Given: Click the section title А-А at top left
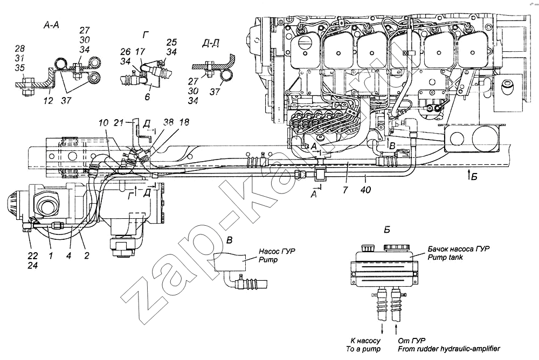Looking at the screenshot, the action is point(51,25).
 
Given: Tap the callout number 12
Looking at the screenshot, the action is point(48,100).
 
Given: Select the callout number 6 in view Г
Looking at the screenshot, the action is point(147,96).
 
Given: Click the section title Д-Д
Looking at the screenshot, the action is point(211,43).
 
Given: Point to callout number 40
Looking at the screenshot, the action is point(366,189).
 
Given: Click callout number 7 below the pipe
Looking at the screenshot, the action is point(345,189).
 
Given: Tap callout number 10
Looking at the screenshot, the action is point(103,123).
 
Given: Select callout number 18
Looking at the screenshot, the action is point(184,122).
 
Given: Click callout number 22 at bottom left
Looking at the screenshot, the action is point(33,256).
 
